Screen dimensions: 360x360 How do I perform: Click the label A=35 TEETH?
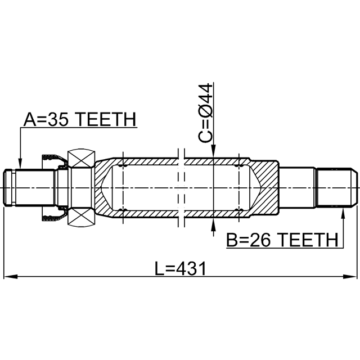click(80, 119)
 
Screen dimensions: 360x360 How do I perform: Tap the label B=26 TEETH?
click(282, 240)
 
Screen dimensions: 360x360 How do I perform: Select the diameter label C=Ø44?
click(205, 113)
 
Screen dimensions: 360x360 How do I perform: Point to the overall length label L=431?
click(180, 268)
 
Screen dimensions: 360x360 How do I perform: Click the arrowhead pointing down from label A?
click(20, 164)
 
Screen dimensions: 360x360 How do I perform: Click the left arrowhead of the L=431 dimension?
click(11, 276)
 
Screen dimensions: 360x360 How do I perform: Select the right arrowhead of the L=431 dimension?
click(350, 276)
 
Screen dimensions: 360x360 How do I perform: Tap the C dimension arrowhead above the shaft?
click(214, 151)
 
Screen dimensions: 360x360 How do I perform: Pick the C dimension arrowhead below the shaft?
click(214, 224)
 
